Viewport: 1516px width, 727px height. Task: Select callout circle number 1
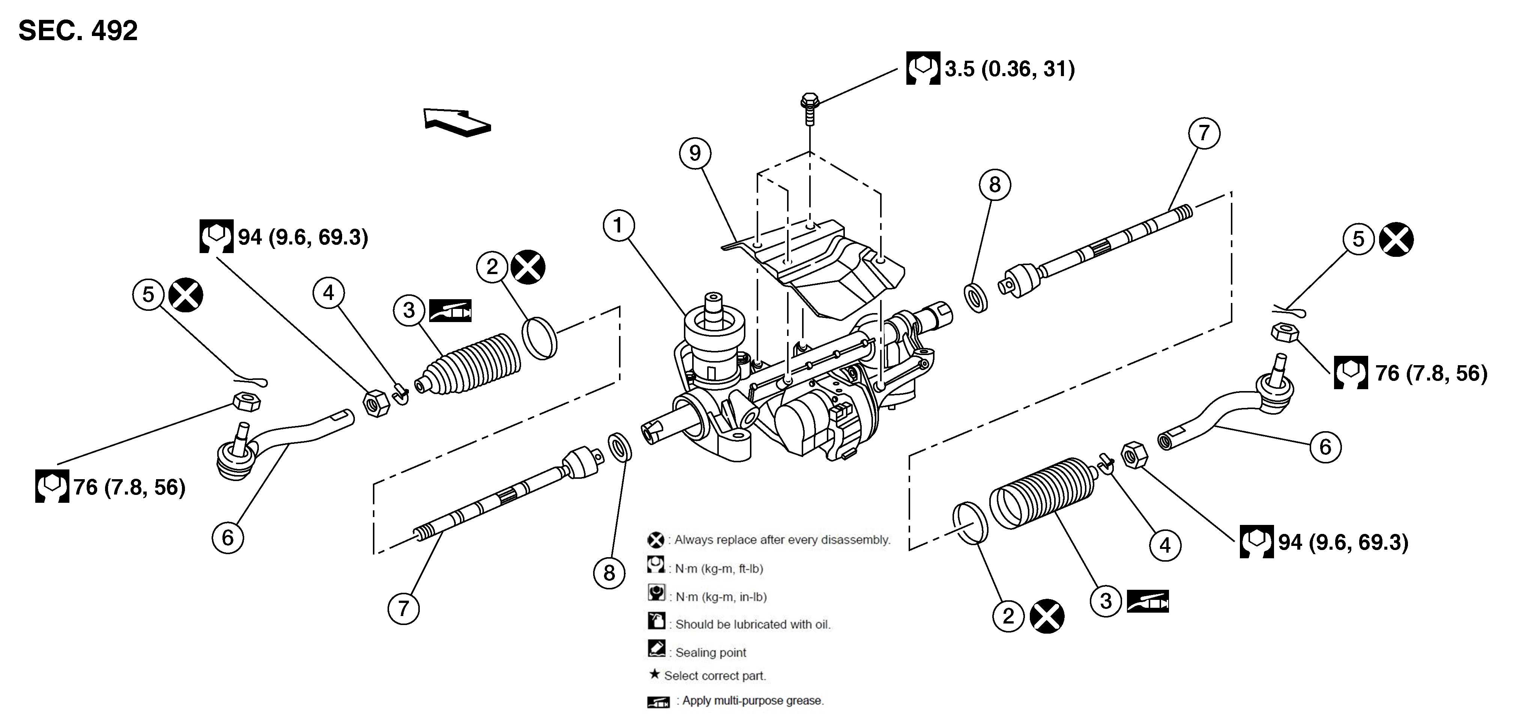pos(618,225)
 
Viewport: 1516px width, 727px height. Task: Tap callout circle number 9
pos(695,153)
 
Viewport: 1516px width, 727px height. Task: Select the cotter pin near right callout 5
pos(1289,310)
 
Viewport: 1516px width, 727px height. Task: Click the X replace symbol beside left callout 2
pos(528,267)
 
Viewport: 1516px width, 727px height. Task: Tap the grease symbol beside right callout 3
pos(1148,601)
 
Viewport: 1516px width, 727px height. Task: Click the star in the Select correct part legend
pos(654,674)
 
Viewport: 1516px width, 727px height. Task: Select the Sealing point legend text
pos(710,652)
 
